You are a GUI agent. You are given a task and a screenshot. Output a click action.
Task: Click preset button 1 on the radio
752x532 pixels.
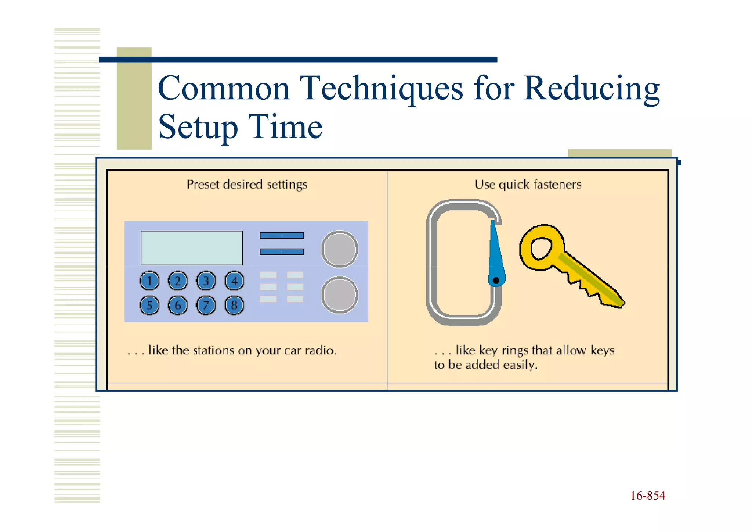pos(149,281)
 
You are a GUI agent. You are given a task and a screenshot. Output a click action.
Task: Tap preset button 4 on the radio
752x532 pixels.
pos(234,281)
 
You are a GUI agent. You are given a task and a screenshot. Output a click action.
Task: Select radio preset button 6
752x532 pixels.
pos(178,305)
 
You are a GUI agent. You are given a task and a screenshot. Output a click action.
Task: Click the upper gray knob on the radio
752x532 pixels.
pos(340,249)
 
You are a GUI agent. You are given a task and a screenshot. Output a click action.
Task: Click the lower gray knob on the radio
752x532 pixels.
pos(340,295)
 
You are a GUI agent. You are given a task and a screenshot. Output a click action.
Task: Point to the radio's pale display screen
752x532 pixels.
pos(191,248)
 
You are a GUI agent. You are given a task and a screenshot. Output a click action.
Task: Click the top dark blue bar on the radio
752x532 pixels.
pos(282,235)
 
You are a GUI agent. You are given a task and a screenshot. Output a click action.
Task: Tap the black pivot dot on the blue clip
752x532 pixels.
pos(496,281)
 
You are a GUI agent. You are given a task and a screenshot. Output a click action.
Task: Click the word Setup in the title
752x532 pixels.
pos(198,127)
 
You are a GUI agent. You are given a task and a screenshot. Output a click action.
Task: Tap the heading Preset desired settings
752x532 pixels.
pos(247,184)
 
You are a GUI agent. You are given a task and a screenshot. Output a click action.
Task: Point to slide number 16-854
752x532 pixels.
pos(648,496)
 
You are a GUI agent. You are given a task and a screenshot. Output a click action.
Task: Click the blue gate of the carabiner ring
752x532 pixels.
pos(496,254)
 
